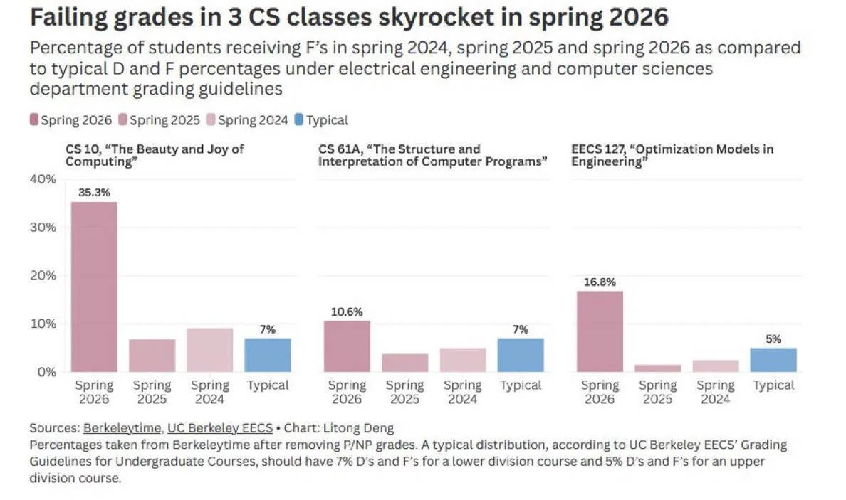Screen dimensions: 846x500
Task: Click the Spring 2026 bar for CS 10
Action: click(94, 287)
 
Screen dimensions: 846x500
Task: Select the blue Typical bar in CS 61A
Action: click(521, 355)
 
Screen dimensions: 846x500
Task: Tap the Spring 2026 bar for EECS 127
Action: click(600, 331)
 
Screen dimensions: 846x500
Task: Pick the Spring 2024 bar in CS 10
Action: click(210, 350)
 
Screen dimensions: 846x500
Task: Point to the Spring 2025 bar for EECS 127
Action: click(658, 368)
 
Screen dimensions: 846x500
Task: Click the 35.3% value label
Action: click(94, 192)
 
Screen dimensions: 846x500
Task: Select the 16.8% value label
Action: click(600, 282)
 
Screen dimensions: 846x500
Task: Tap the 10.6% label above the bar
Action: click(347, 312)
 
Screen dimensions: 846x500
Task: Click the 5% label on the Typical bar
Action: click(773, 339)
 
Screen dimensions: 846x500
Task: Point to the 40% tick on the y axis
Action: click(43, 179)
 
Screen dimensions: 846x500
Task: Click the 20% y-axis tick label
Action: click(43, 275)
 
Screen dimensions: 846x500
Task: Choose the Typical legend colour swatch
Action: click(299, 119)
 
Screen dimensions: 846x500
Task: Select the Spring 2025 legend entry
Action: click(160, 119)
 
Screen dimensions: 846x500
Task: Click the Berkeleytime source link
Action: click(122, 427)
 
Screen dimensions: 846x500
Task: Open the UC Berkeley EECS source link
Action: click(219, 427)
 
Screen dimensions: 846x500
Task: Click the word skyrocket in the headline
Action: click(435, 17)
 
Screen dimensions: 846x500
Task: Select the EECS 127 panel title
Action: click(672, 155)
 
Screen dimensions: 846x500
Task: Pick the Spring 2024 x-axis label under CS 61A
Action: click(462, 392)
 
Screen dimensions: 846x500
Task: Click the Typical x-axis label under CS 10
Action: click(268, 385)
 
